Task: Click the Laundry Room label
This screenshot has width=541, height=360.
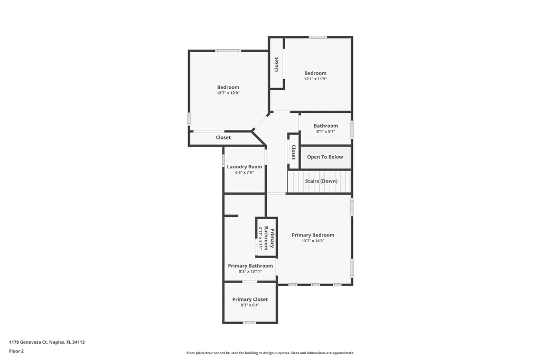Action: point(245,167)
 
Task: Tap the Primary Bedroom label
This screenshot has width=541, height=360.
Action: point(313,235)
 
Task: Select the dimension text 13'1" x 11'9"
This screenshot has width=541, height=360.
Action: point(315,79)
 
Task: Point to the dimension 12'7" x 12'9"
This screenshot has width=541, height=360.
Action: point(228,93)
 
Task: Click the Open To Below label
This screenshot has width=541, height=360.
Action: point(325,157)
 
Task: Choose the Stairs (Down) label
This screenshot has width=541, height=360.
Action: point(321,181)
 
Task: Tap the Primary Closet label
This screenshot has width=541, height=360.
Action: point(250,299)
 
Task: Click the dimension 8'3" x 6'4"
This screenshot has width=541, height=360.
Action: point(250,305)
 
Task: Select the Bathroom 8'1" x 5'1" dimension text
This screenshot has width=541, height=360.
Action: point(325,131)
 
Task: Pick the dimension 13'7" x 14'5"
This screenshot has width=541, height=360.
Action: point(313,241)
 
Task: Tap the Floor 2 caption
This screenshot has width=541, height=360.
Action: point(16,351)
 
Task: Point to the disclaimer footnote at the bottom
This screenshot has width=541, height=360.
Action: point(270,353)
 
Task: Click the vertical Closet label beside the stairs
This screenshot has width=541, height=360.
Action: point(293,152)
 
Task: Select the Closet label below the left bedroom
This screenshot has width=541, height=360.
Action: point(223,138)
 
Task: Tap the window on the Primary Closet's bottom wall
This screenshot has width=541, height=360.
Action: point(249,323)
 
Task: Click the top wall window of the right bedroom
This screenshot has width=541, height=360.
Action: point(318,37)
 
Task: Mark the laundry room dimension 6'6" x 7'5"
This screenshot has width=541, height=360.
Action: point(245,173)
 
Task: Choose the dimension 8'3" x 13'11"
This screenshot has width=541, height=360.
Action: point(250,271)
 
